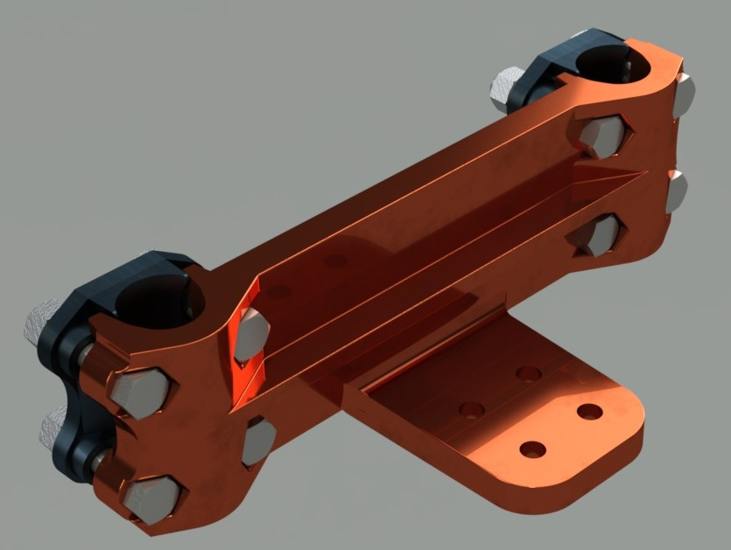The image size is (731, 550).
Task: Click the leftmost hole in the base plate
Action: pyautogui.click(x=472, y=409)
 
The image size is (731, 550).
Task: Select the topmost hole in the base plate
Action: pyautogui.click(x=528, y=373)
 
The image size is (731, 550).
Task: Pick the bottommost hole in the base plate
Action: pyautogui.click(x=532, y=449)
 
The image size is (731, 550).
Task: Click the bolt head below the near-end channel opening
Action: pyautogui.click(x=258, y=442)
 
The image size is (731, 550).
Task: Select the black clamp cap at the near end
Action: pyautogui.click(x=79, y=350)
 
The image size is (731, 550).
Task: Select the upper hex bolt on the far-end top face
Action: pyautogui.click(x=603, y=136)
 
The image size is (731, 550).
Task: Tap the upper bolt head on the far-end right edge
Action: pyautogui.click(x=684, y=96)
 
